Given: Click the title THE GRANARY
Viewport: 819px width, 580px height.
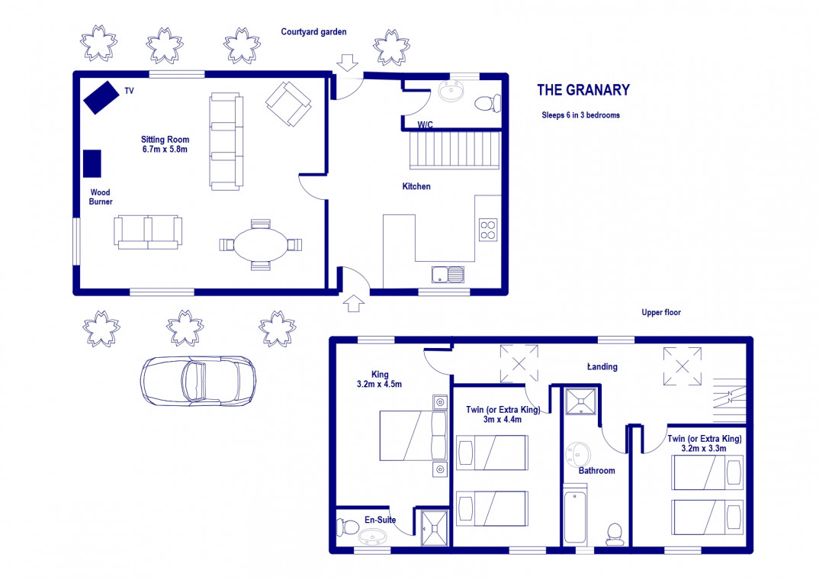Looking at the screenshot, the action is coord(583,90).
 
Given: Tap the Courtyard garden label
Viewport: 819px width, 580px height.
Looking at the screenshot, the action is coord(313,32).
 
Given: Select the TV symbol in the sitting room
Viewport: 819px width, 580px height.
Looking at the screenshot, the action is coord(101,97).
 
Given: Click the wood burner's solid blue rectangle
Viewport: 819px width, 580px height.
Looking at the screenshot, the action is coord(92,163).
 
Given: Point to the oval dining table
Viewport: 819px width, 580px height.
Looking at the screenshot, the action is coord(261,244).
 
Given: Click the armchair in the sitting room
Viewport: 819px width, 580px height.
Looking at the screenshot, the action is coord(288,104).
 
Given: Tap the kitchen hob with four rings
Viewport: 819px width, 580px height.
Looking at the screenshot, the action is coord(488,230).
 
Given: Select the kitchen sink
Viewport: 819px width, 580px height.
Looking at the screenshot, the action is coord(448,274).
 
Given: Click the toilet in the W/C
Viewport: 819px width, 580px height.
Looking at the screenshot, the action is coord(488,102).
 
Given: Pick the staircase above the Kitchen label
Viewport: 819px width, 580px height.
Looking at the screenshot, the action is coord(454,150).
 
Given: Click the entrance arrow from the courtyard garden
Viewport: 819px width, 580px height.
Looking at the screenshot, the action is coord(347,62).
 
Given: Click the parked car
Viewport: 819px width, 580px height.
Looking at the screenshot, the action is coord(198,381).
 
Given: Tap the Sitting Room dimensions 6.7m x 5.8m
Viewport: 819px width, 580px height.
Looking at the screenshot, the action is coord(165,150).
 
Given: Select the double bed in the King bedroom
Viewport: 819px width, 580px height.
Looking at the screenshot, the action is coord(413,436).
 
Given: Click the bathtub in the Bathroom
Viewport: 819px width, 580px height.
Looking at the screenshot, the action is coord(574,516).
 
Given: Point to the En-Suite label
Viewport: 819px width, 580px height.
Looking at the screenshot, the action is coord(381,520).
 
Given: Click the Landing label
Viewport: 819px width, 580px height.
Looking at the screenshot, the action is coord(602,367).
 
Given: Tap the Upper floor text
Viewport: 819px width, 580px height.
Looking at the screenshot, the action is coord(661,312).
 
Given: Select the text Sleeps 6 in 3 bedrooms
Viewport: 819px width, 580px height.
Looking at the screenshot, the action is coord(581,115).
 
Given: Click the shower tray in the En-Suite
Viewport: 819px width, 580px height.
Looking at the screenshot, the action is coord(435,528).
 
